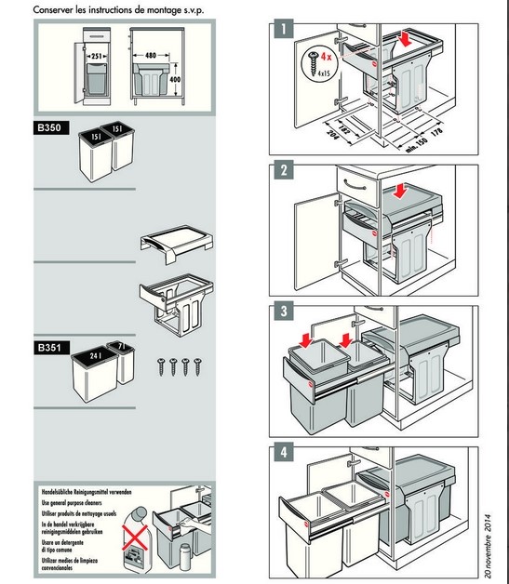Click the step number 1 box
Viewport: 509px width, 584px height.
283,30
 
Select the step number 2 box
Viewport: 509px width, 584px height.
283,171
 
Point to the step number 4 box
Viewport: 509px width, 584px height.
283,454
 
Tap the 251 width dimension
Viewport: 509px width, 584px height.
97,56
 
